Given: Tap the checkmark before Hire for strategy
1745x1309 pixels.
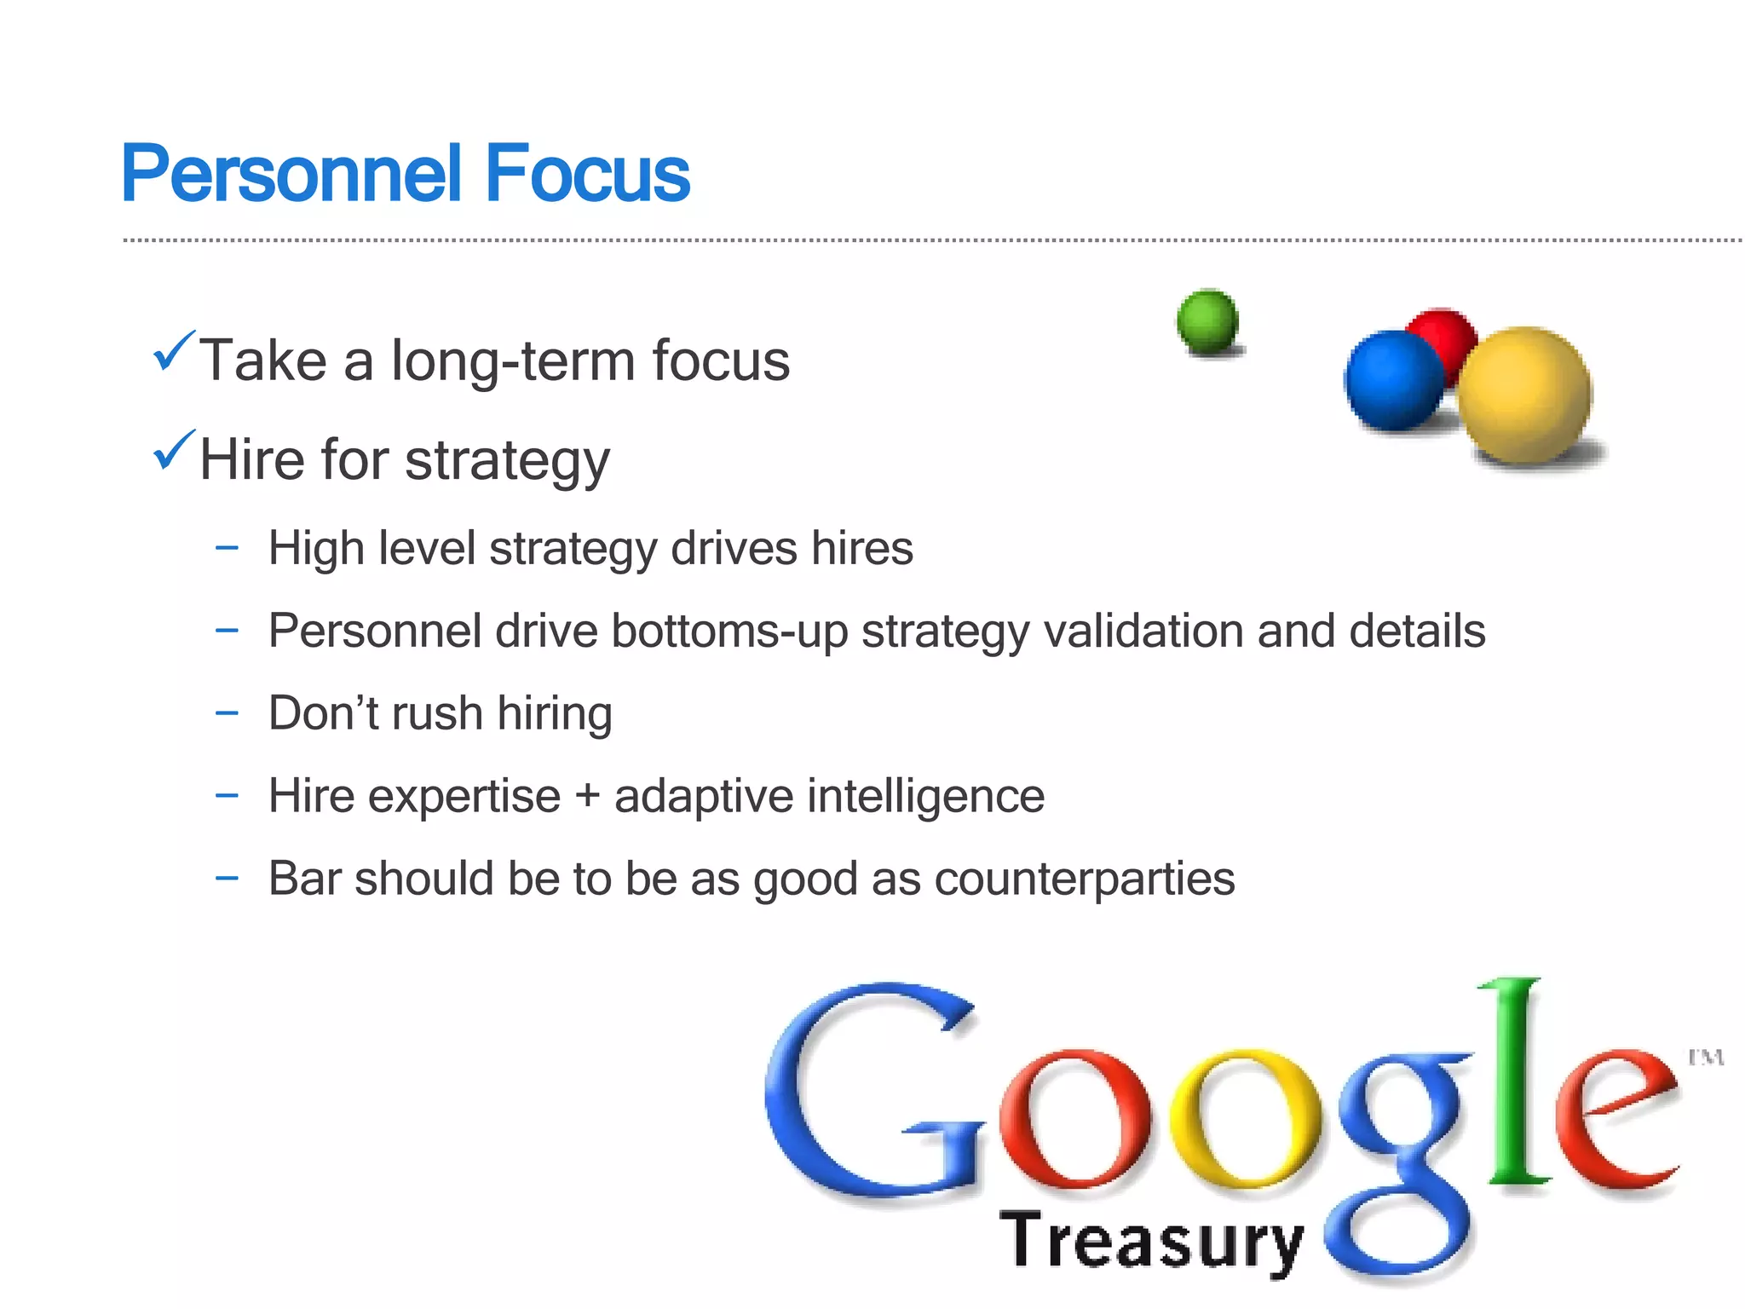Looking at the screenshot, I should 173,451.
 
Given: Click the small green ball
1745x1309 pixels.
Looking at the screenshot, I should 1207,321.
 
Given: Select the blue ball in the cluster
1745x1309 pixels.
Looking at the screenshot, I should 1393,381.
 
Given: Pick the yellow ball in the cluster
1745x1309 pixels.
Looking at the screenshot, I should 1525,395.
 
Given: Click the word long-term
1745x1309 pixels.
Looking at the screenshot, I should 513,360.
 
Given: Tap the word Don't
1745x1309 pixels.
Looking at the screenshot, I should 323,713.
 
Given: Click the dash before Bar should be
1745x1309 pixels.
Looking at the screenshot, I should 227,878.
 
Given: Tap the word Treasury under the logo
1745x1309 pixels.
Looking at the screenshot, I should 1151,1242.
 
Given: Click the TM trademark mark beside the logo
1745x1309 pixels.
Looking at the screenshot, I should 1706,1058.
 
